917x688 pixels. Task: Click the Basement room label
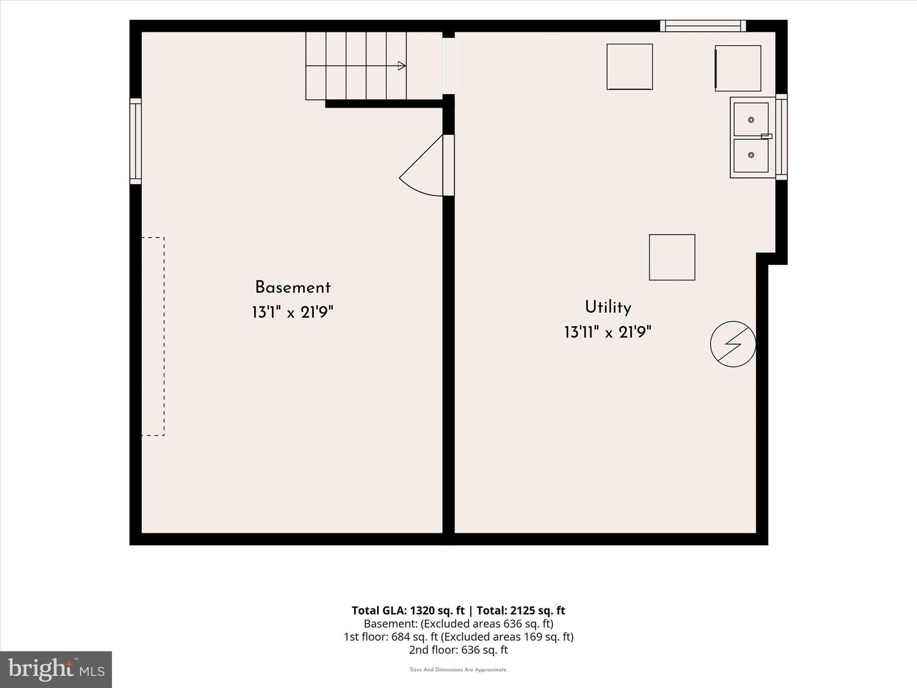293,287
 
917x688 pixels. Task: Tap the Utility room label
608,307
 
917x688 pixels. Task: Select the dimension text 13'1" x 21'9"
292,312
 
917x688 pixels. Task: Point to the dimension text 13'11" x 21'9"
608,333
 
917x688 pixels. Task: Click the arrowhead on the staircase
402,66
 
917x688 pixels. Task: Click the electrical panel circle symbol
733,344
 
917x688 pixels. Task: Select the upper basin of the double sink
751,120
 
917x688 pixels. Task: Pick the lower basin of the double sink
751,155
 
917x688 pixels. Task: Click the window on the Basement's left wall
136,141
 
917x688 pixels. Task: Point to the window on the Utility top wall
703,26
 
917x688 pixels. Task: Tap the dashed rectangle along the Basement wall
153,336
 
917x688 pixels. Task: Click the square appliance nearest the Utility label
672,257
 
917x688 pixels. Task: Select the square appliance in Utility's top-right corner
738,68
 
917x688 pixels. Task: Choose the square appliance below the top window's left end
630,67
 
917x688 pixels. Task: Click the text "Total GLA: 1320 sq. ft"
408,611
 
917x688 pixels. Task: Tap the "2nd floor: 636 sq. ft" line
458,650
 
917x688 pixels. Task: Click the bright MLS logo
56,670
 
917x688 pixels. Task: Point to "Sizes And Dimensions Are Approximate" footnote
458,670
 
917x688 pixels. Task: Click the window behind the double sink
781,137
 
